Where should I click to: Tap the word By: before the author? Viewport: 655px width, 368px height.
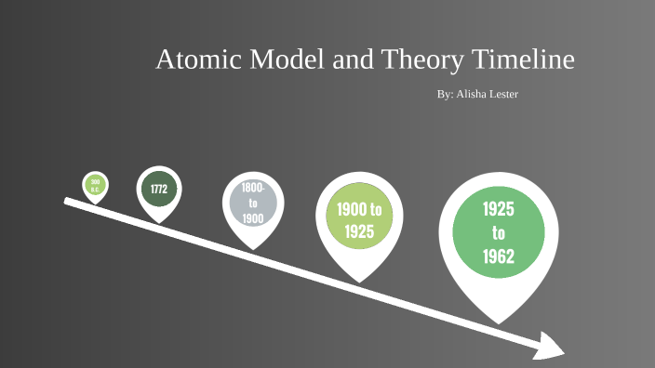coord(445,95)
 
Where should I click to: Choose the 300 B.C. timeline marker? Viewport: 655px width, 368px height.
coord(95,185)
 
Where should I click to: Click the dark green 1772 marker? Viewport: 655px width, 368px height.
coord(158,189)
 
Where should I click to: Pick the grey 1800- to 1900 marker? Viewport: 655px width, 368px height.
coord(253,203)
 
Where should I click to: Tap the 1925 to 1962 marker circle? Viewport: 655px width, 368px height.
coord(499,233)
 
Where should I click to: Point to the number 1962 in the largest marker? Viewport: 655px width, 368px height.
coord(499,256)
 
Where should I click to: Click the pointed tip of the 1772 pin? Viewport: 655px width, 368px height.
coord(159,222)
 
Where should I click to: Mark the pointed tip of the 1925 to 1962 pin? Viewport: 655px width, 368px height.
coord(500,322)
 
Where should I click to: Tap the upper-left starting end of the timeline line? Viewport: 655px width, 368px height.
coord(67,200)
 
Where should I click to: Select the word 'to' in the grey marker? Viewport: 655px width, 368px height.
coord(253,203)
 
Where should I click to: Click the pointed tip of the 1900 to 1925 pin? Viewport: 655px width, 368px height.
coord(359,282)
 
